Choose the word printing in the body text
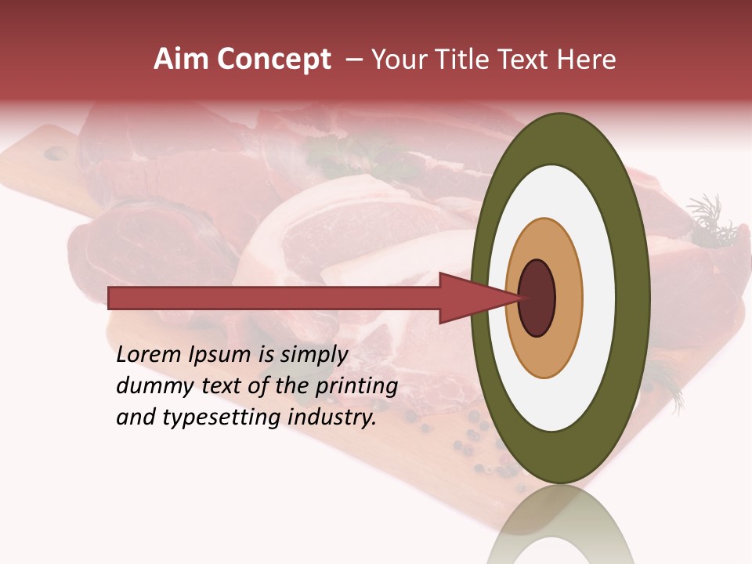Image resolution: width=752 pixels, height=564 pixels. pos(356,386)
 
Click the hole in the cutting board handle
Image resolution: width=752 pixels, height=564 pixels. pos(55,154)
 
